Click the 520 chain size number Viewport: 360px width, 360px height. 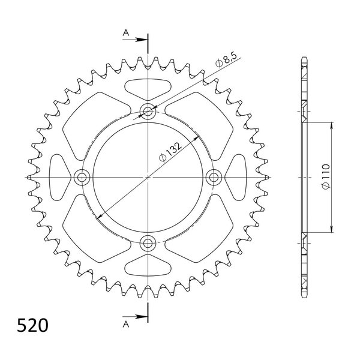[x=32, y=325]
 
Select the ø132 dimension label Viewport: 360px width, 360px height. [x=170, y=152]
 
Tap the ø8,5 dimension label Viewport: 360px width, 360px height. [x=226, y=61]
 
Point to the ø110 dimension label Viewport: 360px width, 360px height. [x=326, y=176]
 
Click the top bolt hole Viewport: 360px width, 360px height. [x=148, y=112]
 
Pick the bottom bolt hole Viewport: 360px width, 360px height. [x=148, y=242]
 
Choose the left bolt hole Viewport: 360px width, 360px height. [x=82, y=177]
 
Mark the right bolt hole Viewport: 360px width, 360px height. [x=214, y=177]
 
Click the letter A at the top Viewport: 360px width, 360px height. [x=126, y=33]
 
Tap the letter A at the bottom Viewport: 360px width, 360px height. [x=126, y=324]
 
